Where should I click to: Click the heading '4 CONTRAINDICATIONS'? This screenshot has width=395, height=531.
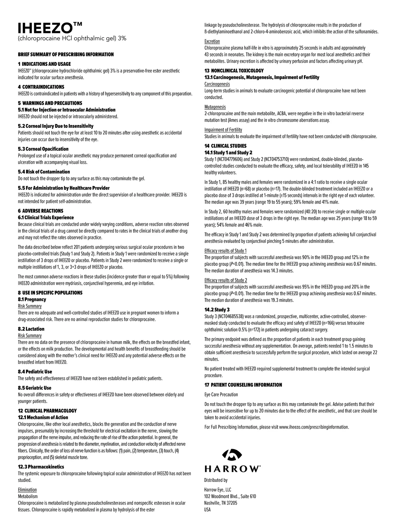[x=41, y=87]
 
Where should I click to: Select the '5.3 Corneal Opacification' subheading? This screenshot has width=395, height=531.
[x=43, y=149]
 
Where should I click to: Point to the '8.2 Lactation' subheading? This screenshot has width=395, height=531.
[x=31, y=329]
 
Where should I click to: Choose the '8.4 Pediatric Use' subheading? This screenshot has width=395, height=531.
[x=35, y=372]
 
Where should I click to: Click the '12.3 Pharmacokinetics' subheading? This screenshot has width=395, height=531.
[x=41, y=467]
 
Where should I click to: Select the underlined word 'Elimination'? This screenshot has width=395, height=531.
[x=27, y=490]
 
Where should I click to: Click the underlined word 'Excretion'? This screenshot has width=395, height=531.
[x=212, y=41]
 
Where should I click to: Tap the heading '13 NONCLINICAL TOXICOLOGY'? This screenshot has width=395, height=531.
[x=234, y=71]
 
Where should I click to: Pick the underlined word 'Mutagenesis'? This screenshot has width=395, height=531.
[x=215, y=107]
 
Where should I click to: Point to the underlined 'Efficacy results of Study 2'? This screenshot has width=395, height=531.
[x=225, y=280]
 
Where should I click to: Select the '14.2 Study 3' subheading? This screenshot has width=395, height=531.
[x=217, y=310]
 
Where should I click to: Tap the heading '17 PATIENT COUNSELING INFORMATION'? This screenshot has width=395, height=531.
[x=243, y=385]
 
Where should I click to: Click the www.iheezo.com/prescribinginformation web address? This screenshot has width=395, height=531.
[x=314, y=427]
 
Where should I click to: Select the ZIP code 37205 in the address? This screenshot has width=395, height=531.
[x=231, y=503]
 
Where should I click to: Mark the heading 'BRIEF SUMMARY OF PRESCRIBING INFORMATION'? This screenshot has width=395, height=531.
[x=66, y=54]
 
